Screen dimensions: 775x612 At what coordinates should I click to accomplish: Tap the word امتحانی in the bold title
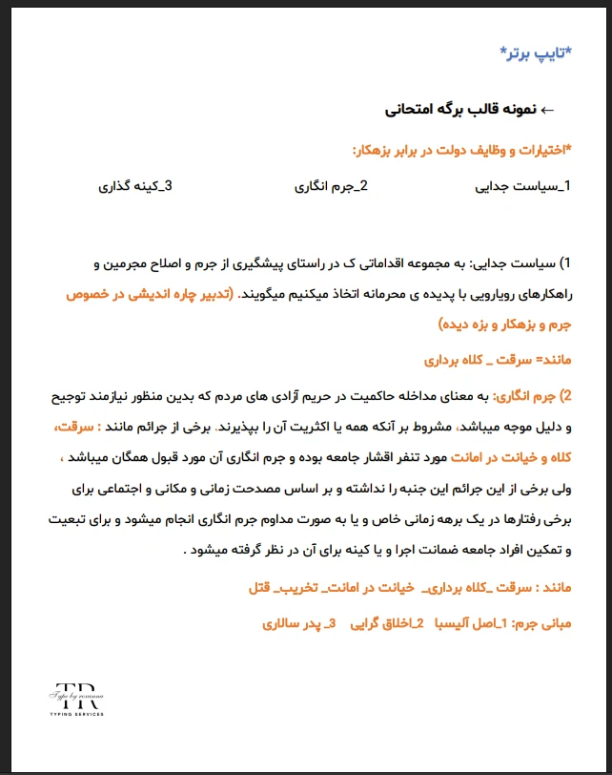point(417,110)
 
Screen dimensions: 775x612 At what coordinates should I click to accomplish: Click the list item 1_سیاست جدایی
point(521,186)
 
